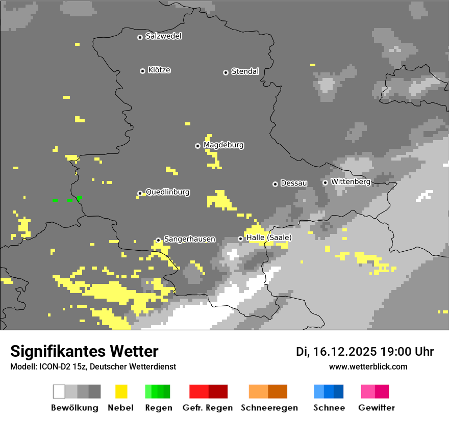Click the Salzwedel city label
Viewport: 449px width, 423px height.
point(163,36)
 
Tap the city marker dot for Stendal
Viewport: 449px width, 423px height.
point(226,72)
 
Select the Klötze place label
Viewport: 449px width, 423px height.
point(159,70)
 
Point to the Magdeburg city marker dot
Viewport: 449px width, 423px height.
point(197,146)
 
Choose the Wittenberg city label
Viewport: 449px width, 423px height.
point(351,181)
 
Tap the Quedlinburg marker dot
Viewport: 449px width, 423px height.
point(140,193)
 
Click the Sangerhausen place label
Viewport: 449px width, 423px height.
point(189,239)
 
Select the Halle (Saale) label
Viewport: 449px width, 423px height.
point(269,237)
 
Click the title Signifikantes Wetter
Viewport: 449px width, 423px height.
point(84,351)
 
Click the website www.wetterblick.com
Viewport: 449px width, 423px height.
point(368,366)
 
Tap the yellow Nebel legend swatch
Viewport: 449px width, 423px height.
point(121,391)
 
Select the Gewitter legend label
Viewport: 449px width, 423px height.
point(376,408)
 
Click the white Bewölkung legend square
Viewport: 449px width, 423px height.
point(59,391)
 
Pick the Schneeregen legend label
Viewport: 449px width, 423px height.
point(269,408)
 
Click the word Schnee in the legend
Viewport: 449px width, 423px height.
point(329,408)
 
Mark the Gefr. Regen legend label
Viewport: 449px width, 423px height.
point(208,408)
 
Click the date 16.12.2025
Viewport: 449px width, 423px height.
point(345,352)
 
